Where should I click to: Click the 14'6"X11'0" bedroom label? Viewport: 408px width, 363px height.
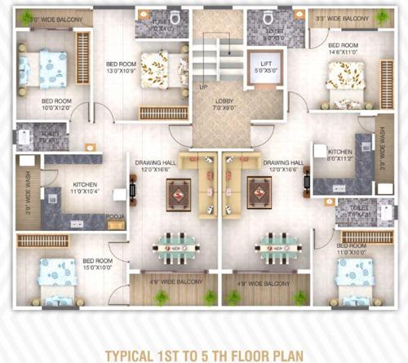[344, 49]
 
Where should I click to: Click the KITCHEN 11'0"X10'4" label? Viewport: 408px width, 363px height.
[85, 188]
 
